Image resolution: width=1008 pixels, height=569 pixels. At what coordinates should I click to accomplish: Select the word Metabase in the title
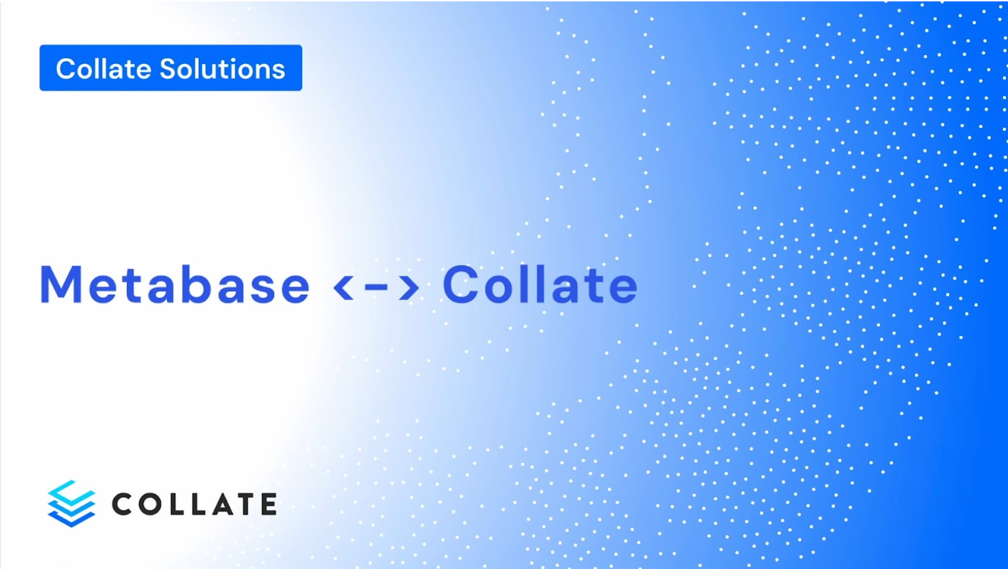click(175, 284)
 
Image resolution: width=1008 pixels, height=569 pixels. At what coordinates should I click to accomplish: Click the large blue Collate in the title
click(539, 284)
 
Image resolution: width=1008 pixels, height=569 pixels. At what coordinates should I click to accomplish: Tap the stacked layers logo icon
click(71, 503)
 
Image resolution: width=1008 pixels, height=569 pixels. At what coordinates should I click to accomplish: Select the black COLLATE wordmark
click(194, 504)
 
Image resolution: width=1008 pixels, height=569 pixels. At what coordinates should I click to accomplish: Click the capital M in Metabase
click(61, 284)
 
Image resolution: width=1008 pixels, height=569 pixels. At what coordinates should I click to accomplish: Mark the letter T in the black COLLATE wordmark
click(246, 504)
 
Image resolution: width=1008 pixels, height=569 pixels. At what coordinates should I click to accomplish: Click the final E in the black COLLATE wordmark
click(269, 504)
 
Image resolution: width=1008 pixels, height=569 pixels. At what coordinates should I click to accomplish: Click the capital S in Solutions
click(169, 69)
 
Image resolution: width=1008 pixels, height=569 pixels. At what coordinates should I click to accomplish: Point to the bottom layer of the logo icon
click(71, 518)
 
